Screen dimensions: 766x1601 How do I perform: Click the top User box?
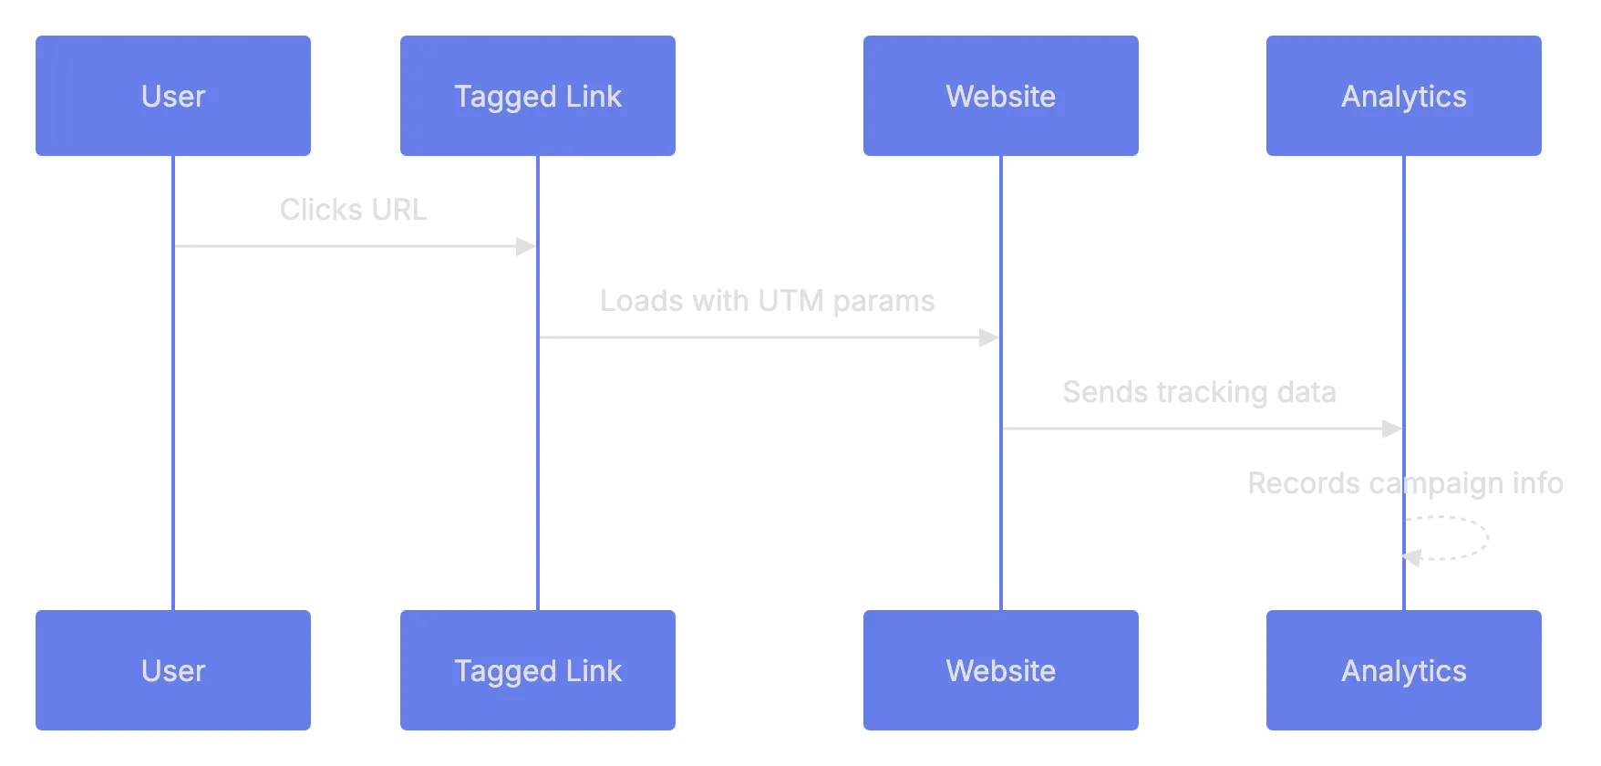[x=173, y=96]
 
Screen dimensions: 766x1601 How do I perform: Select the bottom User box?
[x=173, y=670]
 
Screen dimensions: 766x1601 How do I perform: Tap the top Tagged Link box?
[x=538, y=96]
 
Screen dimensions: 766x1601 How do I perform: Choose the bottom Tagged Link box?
[x=538, y=670]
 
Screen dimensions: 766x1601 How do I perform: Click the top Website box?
[x=1001, y=96]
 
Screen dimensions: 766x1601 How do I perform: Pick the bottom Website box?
[x=1001, y=670]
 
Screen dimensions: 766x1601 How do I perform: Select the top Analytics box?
[x=1403, y=96]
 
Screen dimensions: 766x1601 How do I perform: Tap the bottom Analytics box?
[x=1403, y=670]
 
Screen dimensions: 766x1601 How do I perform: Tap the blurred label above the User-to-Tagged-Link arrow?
[x=353, y=212]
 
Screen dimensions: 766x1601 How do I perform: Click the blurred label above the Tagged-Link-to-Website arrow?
[x=769, y=301]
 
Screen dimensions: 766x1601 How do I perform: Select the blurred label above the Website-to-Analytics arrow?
[x=1199, y=394]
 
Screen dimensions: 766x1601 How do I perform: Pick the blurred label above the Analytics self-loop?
[x=1407, y=482]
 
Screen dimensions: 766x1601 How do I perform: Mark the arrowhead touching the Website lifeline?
[x=988, y=339]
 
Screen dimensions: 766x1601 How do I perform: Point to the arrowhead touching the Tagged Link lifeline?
[x=522, y=246]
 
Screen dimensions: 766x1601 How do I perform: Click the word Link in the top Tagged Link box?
[x=593, y=96]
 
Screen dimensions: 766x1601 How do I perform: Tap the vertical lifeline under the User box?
[x=170, y=410]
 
